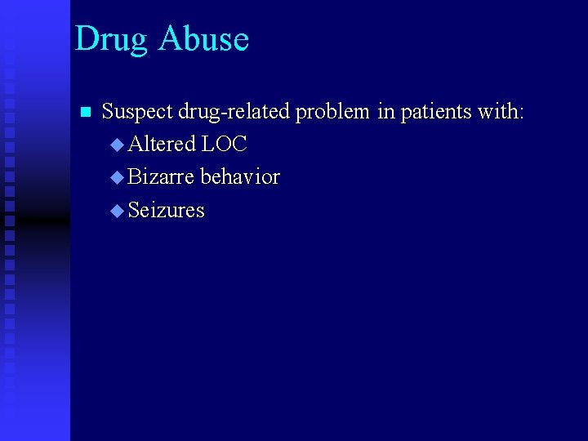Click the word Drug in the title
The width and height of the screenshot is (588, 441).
tap(111, 40)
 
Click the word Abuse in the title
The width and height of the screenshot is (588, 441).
tap(204, 38)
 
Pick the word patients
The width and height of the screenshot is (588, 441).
tap(435, 112)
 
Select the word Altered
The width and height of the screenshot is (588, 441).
tap(162, 144)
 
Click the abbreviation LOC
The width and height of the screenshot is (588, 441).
tap(224, 144)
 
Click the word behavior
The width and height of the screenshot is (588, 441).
tap(240, 176)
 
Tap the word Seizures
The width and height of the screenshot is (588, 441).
tap(167, 210)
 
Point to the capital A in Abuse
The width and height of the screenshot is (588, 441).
tap(171, 38)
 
